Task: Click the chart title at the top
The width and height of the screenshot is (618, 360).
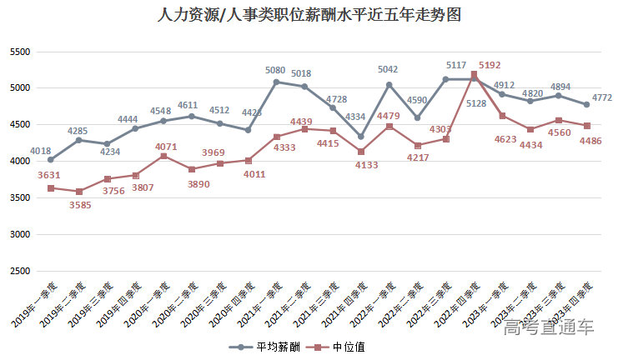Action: coord(309,16)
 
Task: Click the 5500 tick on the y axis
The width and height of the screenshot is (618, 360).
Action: coord(18,52)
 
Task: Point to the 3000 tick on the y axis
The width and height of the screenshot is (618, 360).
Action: coord(18,235)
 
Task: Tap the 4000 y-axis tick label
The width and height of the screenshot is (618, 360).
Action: coord(18,162)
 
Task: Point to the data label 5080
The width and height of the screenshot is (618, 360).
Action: coord(276,70)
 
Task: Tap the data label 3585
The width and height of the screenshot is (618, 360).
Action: coord(79,205)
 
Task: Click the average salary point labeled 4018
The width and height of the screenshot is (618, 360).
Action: coord(51,159)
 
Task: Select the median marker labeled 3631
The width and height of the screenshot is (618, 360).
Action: coord(51,188)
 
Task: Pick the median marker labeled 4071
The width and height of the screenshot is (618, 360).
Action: coord(163,156)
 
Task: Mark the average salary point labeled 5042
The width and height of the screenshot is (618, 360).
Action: coord(389,84)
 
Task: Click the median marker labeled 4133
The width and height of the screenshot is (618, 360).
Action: coord(360,152)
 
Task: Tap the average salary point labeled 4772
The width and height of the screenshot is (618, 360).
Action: coord(586,104)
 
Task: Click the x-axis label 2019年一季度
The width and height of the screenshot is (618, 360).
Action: coord(34,303)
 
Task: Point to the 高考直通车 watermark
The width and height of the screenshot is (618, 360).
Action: coord(549,327)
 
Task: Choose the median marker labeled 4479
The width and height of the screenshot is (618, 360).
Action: coord(389,126)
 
